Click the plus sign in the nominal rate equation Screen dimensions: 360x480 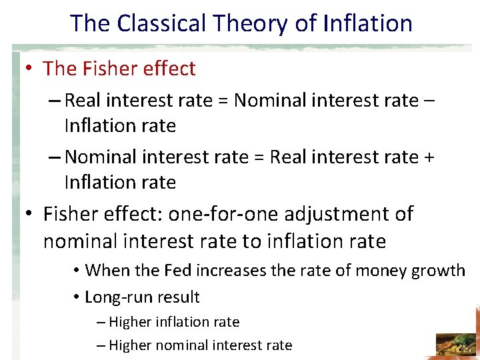[429, 157]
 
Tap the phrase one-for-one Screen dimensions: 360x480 [204, 214]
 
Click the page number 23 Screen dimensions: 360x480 [463, 346]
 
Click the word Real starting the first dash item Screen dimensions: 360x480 [82, 101]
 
